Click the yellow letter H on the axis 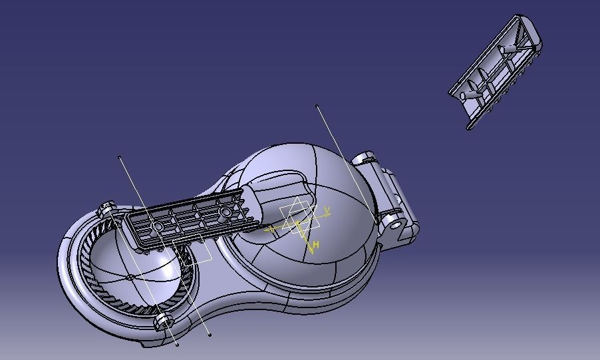[x=316, y=246]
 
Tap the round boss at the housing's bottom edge [x=163, y=323]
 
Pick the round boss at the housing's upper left [x=107, y=210]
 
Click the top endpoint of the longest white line [x=317, y=106]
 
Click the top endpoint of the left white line [x=120, y=158]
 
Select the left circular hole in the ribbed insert [x=158, y=227]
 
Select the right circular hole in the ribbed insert [x=225, y=212]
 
